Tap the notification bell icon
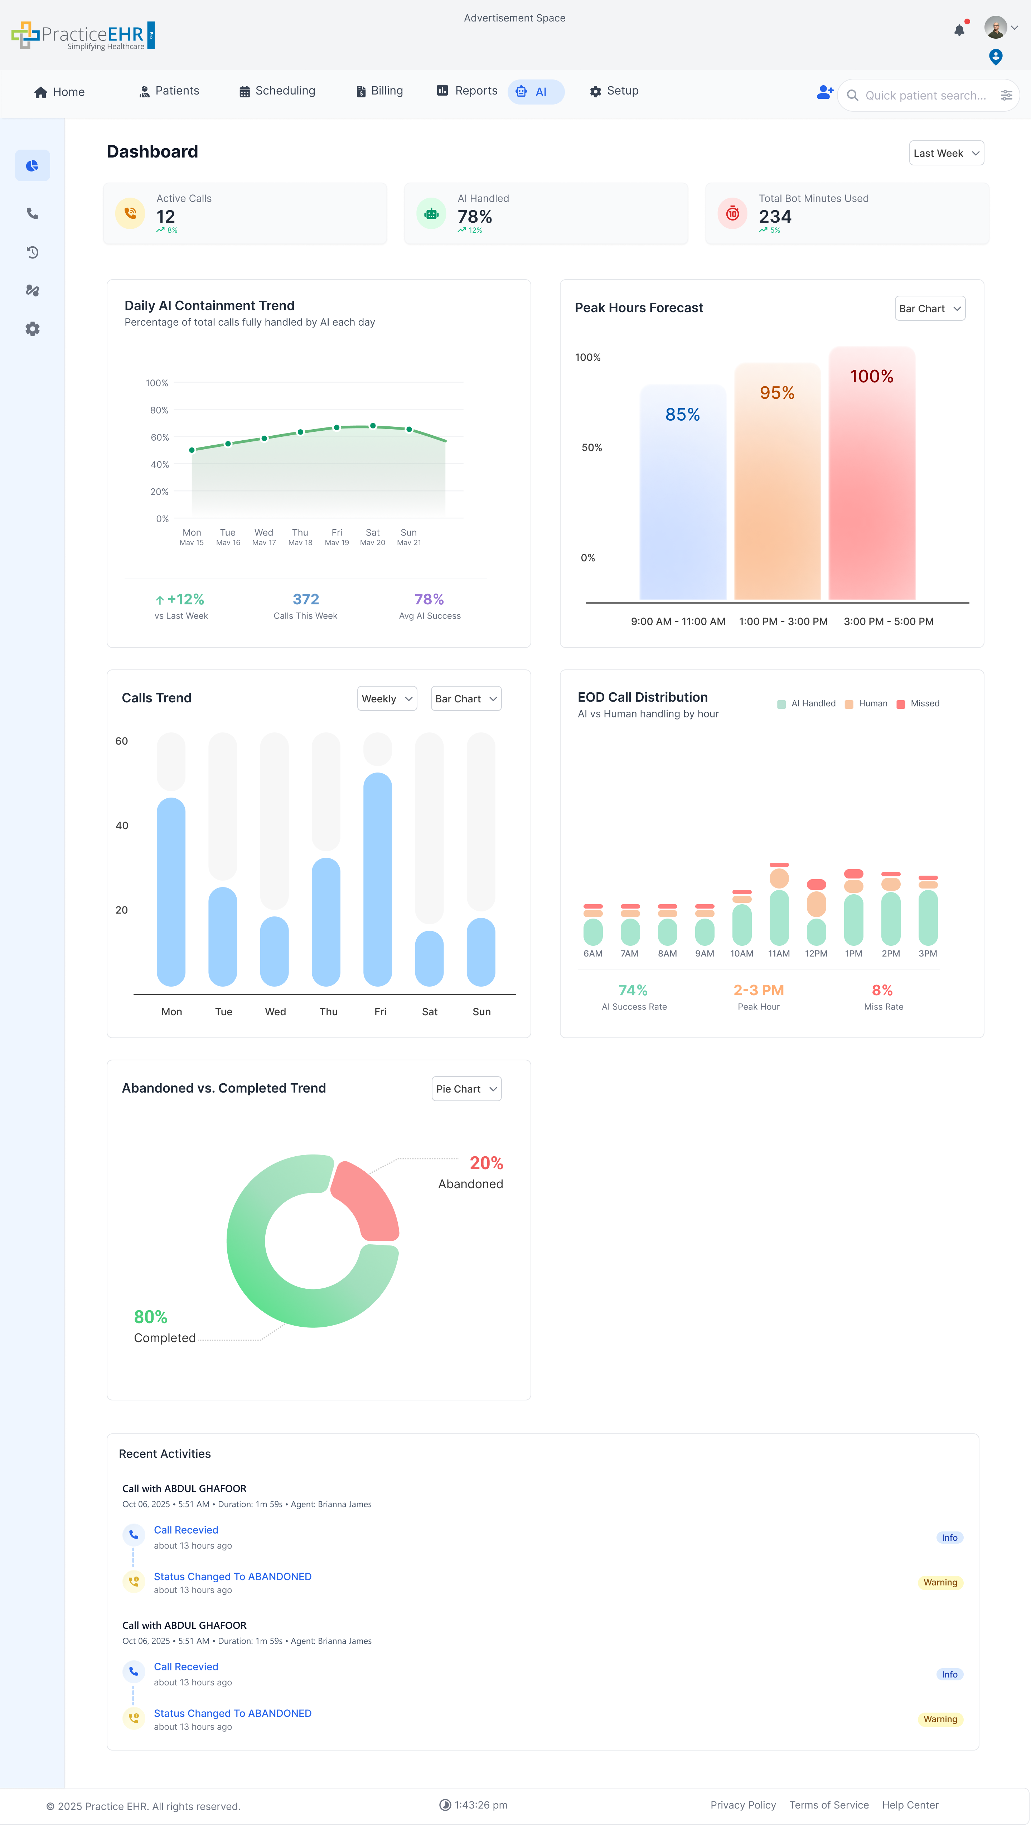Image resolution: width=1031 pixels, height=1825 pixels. tap(959, 30)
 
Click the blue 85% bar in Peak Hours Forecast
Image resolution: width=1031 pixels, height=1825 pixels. tap(682, 496)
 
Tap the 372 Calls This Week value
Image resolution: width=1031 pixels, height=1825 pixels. tap(305, 599)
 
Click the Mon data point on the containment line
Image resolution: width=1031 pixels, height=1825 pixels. tap(192, 450)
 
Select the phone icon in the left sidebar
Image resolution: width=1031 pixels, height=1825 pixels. tap(33, 213)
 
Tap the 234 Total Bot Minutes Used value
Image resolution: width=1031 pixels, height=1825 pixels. tap(774, 217)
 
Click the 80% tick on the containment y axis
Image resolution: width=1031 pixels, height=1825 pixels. tap(159, 410)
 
